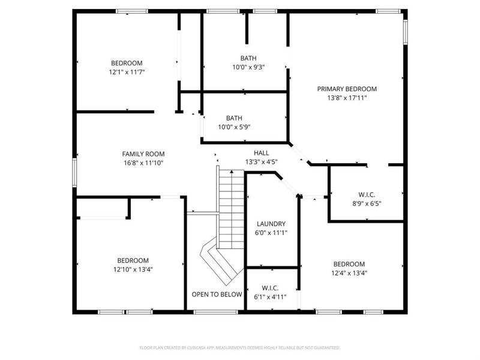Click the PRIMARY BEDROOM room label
[x=342, y=89]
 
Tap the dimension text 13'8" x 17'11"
[x=342, y=97]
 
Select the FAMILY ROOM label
[x=143, y=154]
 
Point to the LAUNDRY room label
[x=267, y=224]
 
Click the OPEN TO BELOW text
[x=217, y=295]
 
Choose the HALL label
[x=261, y=153]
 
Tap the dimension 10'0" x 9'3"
[x=248, y=67]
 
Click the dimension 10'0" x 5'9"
[x=234, y=127]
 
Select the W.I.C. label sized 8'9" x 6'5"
[x=366, y=194]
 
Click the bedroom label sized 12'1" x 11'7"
[x=127, y=63]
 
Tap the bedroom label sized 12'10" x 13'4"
[x=133, y=260]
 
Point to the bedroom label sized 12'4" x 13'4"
[x=349, y=264]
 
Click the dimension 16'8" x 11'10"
[x=143, y=163]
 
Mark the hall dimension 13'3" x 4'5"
[x=261, y=161]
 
